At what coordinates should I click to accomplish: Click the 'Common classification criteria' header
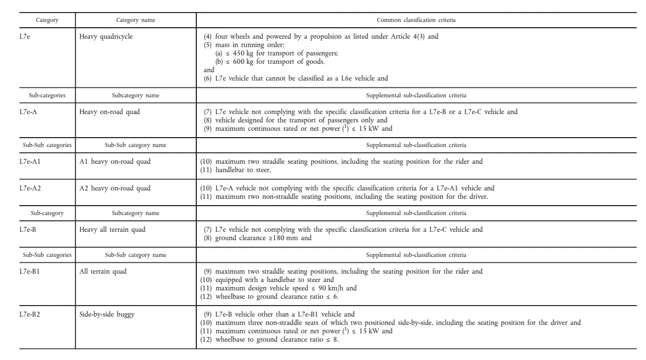pos(416,20)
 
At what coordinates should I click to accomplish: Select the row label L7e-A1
pos(30,161)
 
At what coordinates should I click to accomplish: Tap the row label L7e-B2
pos(30,314)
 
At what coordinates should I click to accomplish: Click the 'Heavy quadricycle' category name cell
pos(106,37)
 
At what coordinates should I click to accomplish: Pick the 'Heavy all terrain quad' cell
pos(113,229)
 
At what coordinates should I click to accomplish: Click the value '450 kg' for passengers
pos(243,53)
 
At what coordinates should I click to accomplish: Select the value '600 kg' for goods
pos(243,62)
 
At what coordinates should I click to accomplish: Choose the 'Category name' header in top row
pos(136,20)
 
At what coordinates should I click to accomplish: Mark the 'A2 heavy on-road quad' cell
pos(115,188)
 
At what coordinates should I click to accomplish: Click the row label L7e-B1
pos(30,271)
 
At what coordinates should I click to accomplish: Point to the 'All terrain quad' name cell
pos(103,271)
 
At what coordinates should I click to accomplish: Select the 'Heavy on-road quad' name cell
pos(109,111)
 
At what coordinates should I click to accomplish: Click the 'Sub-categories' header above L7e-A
pos(47,95)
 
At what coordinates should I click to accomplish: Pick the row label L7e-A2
pos(30,188)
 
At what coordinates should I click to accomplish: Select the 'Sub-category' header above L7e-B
pos(47,213)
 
